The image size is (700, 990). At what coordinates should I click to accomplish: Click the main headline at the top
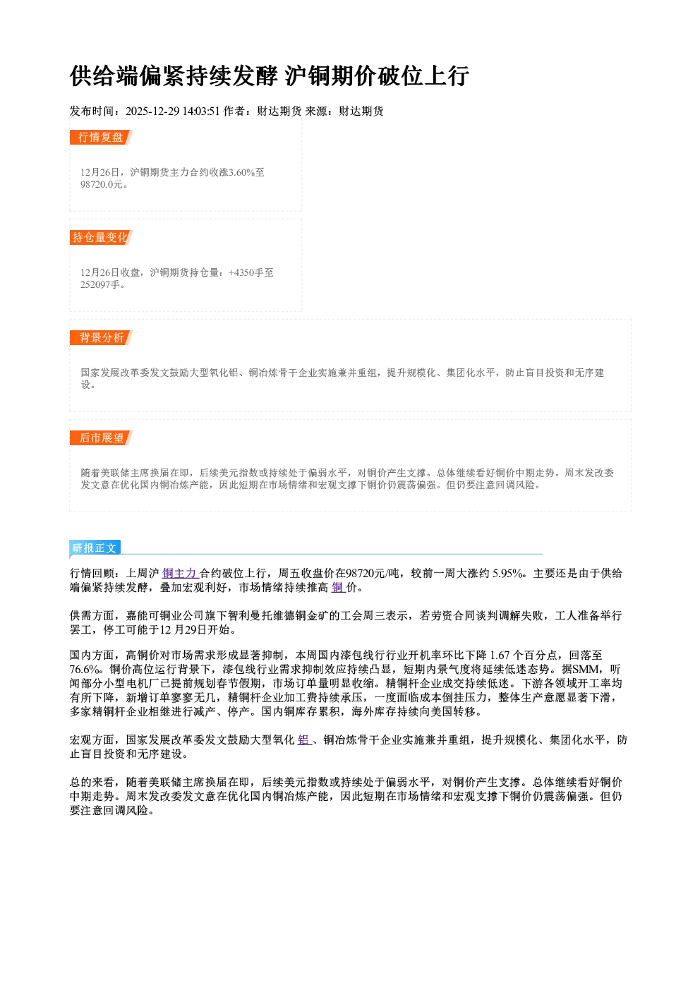pyautogui.click(x=269, y=76)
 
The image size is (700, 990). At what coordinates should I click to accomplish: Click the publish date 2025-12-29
pyautogui.click(x=152, y=111)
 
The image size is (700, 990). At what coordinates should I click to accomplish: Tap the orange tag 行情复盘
pyautogui.click(x=101, y=137)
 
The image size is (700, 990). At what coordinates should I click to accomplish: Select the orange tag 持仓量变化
pyautogui.click(x=101, y=237)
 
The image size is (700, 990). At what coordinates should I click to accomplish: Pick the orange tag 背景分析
pyautogui.click(x=101, y=338)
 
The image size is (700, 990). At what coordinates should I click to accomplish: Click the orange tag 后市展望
pyautogui.click(x=101, y=438)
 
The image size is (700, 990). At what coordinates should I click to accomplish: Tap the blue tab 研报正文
pyautogui.click(x=95, y=548)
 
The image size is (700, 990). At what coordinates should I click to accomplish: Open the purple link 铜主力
pyautogui.click(x=179, y=573)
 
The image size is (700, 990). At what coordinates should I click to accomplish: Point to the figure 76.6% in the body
pyautogui.click(x=84, y=669)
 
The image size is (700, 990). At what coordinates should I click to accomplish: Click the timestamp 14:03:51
pyautogui.click(x=201, y=111)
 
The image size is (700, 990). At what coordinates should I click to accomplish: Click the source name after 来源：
pyautogui.click(x=361, y=111)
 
